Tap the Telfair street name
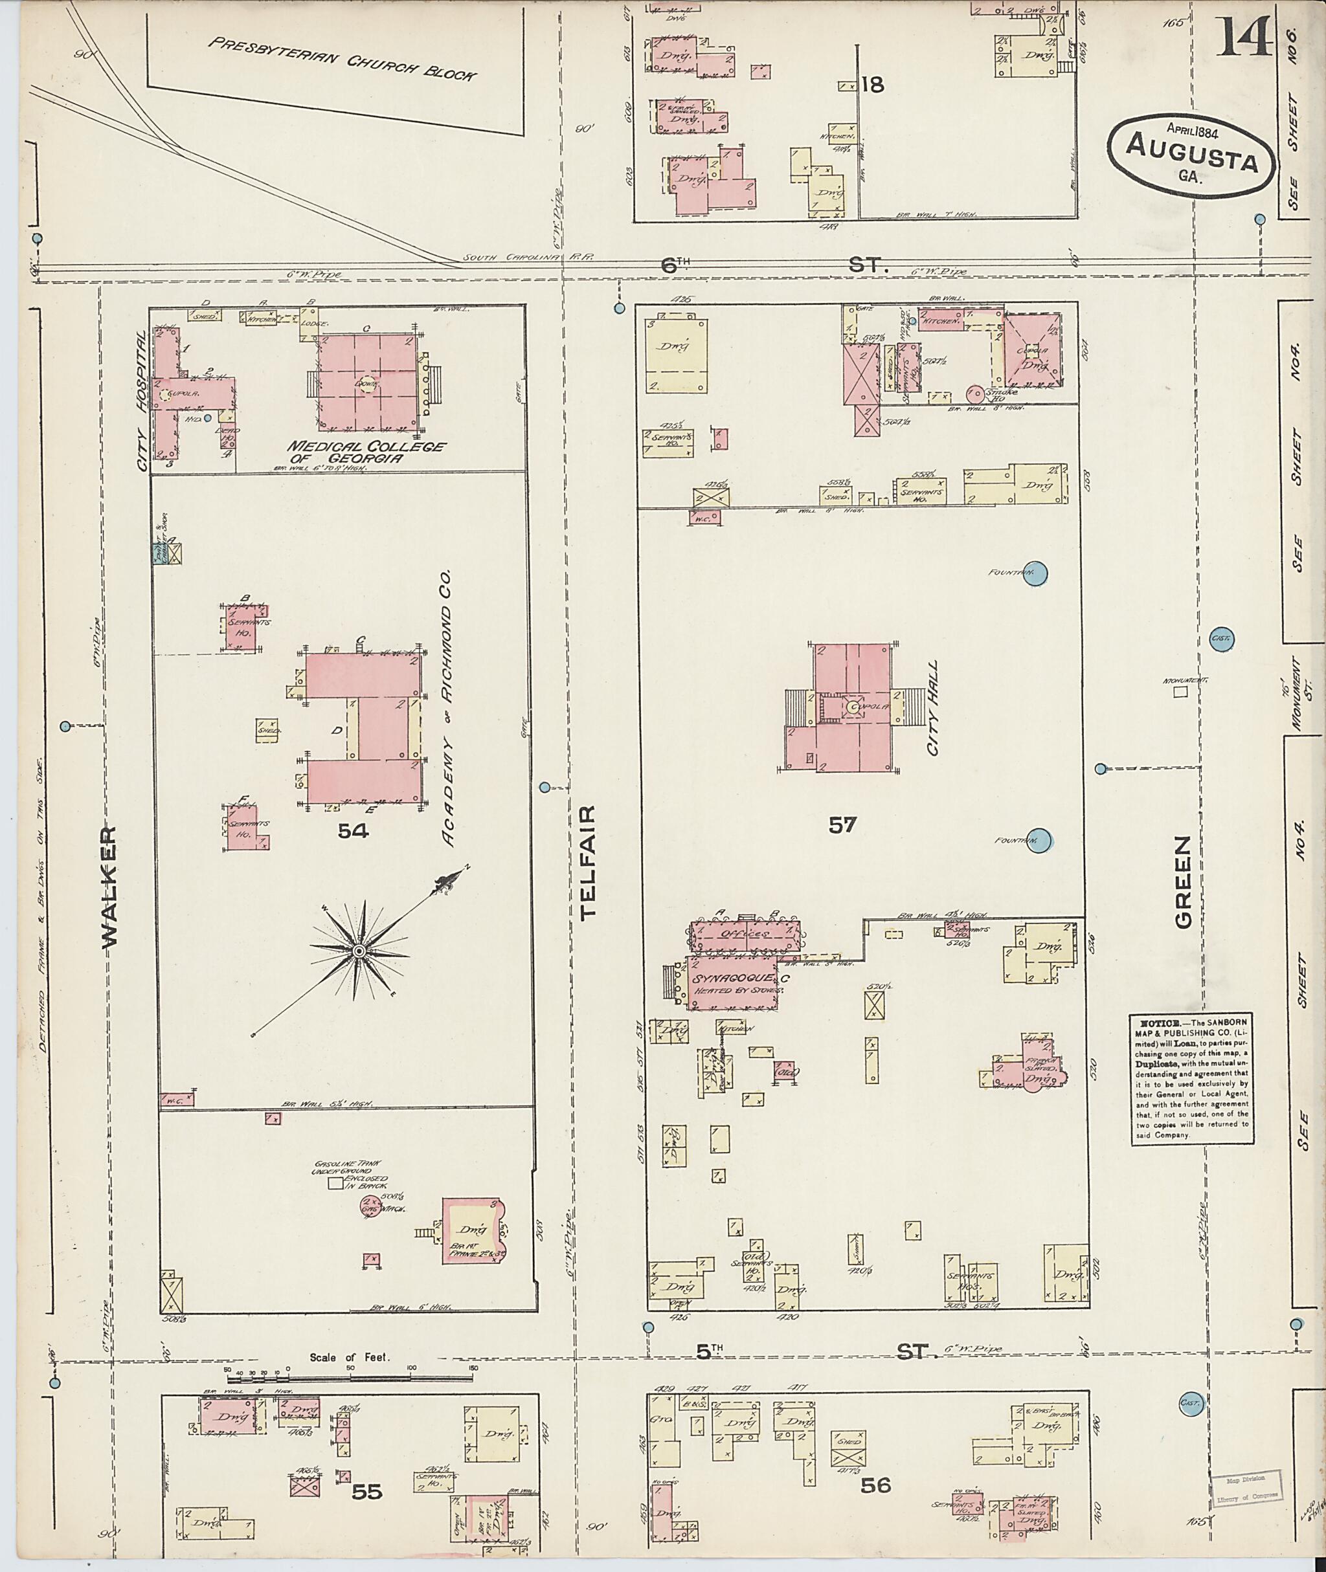coord(587,862)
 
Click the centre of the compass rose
coord(359,951)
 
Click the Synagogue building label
coord(733,979)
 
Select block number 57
coord(842,825)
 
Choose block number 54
coord(354,830)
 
